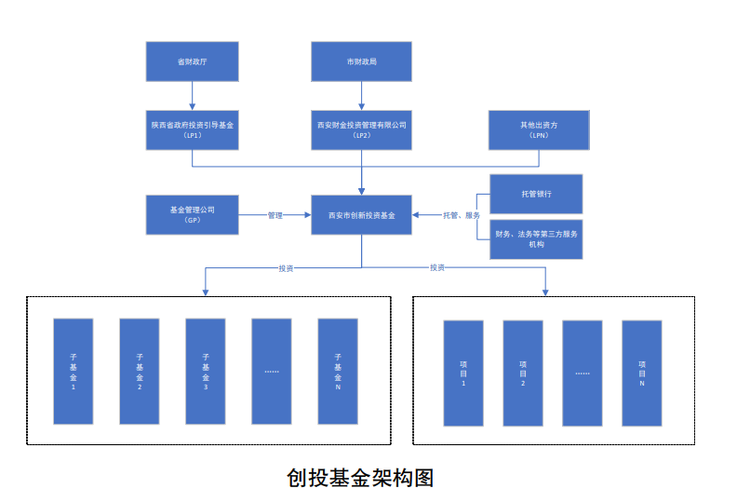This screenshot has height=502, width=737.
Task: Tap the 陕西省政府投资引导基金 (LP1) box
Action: click(193, 129)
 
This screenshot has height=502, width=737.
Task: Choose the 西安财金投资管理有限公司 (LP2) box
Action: click(361, 129)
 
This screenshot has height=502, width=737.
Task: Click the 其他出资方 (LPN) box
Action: click(539, 129)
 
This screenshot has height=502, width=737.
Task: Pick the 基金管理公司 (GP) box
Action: click(193, 214)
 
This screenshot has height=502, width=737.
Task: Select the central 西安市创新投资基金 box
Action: click(362, 215)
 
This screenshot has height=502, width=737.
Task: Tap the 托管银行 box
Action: click(536, 194)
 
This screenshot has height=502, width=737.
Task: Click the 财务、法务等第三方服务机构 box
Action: click(536, 239)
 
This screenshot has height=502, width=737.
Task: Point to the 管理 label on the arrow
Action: click(275, 215)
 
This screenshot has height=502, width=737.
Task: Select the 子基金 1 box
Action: click(74, 371)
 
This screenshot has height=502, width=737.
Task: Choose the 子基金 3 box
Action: click(206, 371)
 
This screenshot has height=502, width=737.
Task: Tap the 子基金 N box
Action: click(338, 371)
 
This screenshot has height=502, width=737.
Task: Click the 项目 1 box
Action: click(463, 373)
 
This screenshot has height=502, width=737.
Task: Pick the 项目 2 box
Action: click(523, 373)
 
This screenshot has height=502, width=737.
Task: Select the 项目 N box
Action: click(641, 373)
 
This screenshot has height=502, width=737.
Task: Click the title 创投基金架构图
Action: click(361, 478)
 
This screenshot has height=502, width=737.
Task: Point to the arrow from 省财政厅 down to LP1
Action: click(193, 94)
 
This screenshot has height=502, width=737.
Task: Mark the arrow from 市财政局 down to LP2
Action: click(361, 94)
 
